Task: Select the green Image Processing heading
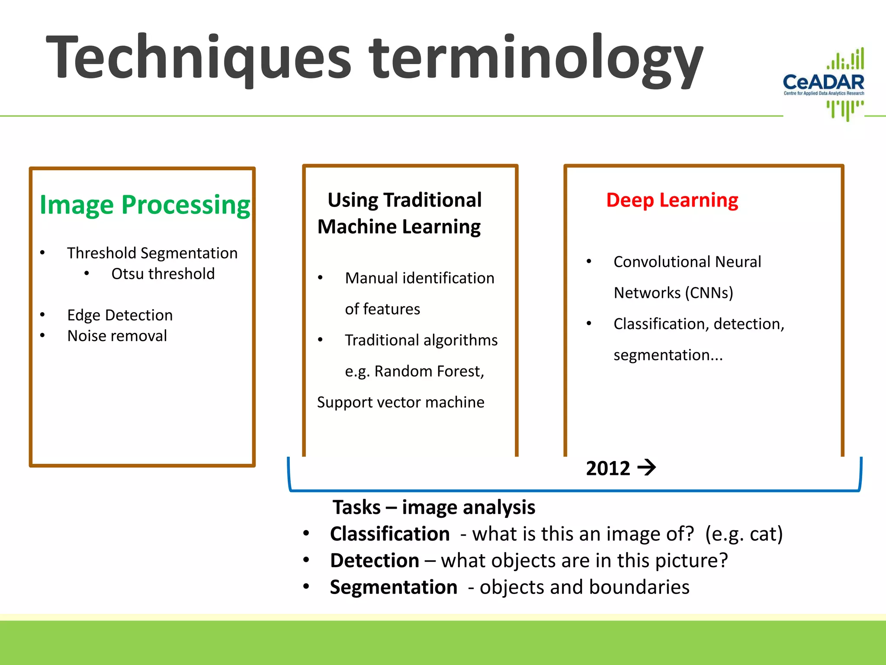(x=145, y=204)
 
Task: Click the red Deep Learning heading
(x=672, y=200)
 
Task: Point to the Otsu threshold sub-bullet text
(x=163, y=274)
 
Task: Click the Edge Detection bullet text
(x=120, y=315)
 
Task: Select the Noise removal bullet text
(x=117, y=336)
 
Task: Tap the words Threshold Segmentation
(x=152, y=253)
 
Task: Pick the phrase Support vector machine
(x=401, y=402)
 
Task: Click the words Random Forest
(x=428, y=371)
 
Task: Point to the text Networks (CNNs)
(x=673, y=293)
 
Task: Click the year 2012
(x=608, y=468)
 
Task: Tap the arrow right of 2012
(x=647, y=468)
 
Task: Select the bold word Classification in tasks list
(x=390, y=534)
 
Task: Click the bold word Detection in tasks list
(x=375, y=561)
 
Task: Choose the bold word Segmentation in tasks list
(x=394, y=588)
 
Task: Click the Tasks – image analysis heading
(x=433, y=507)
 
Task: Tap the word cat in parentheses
(x=763, y=534)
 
